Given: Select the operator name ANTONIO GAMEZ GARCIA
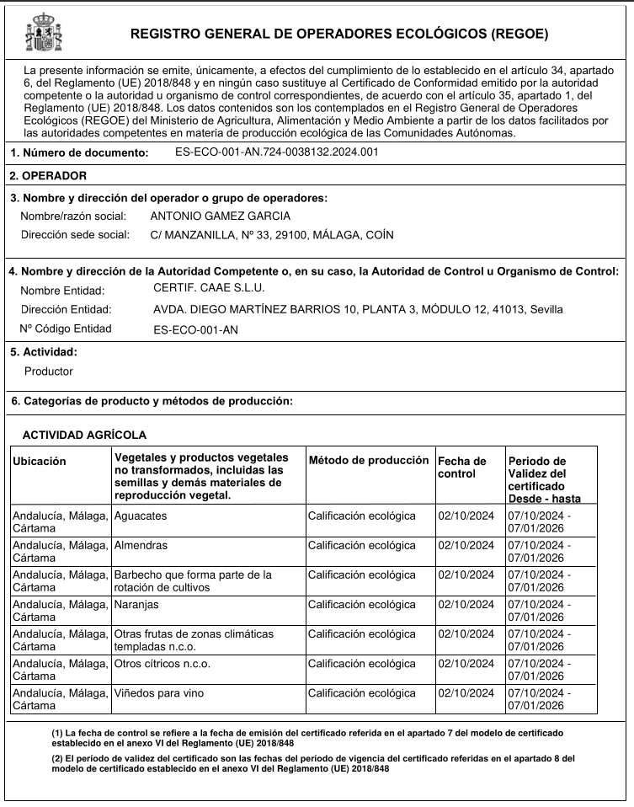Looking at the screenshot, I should (x=220, y=216).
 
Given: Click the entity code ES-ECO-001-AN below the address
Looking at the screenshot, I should (x=195, y=330).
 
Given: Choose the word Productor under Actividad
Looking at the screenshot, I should (x=49, y=371).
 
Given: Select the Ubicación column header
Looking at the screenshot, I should (x=40, y=461).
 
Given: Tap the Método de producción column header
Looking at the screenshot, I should (x=369, y=461).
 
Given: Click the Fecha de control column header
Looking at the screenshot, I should (x=462, y=467).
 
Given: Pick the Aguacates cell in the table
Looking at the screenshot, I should (x=141, y=515).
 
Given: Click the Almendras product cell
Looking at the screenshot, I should (x=141, y=545).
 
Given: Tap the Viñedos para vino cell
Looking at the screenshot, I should (x=159, y=693).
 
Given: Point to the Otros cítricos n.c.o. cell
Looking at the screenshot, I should (x=162, y=664).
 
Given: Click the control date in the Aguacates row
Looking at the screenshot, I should (x=466, y=515).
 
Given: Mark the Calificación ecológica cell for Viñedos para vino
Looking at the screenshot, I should (x=362, y=693).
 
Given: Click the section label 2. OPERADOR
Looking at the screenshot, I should (x=48, y=176).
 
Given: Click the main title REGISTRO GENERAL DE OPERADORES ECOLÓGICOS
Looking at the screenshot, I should (x=339, y=35).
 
